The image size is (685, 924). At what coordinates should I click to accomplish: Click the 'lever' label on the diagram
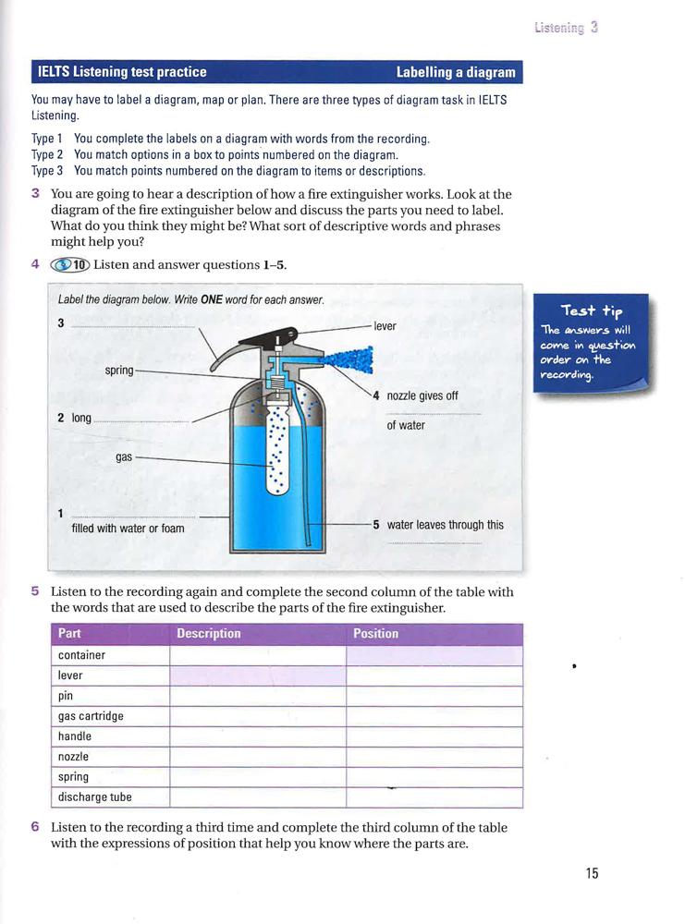coord(385,326)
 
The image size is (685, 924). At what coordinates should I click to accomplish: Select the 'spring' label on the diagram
coord(119,371)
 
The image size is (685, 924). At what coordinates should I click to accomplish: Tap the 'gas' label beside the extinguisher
coord(123,456)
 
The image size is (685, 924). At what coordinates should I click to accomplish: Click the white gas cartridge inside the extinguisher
coord(276,444)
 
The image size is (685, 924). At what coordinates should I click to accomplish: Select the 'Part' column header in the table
coord(69,634)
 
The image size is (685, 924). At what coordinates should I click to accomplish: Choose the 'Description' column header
coord(208,634)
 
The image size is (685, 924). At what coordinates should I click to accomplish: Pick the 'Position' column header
coord(375,634)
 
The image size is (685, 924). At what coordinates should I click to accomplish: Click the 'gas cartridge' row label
coord(91,716)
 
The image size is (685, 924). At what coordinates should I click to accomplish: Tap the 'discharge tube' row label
coord(94,797)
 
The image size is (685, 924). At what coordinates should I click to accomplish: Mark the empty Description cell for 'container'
coord(257,655)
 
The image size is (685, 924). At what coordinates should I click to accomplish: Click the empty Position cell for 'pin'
coord(434,696)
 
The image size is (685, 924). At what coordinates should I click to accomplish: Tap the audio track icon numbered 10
coord(70,265)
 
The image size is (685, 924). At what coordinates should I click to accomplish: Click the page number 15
coord(593,873)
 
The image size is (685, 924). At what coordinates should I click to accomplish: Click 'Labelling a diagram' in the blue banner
coord(455,72)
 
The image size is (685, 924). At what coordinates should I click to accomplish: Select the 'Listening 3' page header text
coord(566,28)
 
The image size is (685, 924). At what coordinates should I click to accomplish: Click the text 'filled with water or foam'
coord(128,529)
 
